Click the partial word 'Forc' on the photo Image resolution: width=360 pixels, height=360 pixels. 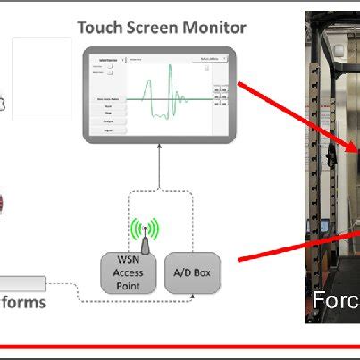point(333,299)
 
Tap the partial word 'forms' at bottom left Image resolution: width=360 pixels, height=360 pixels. point(22,303)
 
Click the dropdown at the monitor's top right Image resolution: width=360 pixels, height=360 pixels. point(211,59)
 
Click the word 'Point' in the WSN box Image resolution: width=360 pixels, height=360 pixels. point(130,286)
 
